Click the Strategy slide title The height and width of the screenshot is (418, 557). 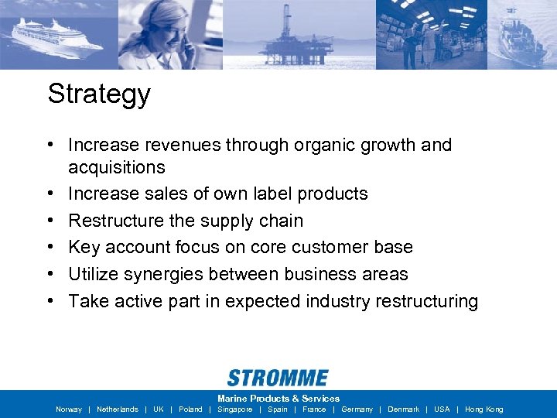pyautogui.click(x=99, y=94)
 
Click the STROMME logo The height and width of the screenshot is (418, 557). pyautogui.click(x=278, y=378)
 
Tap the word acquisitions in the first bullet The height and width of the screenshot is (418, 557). pyautogui.click(x=117, y=167)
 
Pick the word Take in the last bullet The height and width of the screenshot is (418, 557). pyautogui.click(x=88, y=301)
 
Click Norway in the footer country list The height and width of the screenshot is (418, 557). pyautogui.click(x=69, y=409)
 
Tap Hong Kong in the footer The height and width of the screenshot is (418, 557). pyautogui.click(x=484, y=409)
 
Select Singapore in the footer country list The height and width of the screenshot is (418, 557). pyautogui.click(x=235, y=409)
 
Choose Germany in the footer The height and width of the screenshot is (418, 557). pyautogui.click(x=357, y=409)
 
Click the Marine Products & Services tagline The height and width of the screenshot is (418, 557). pyautogui.click(x=278, y=399)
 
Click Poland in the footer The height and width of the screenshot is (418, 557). pyautogui.click(x=190, y=409)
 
